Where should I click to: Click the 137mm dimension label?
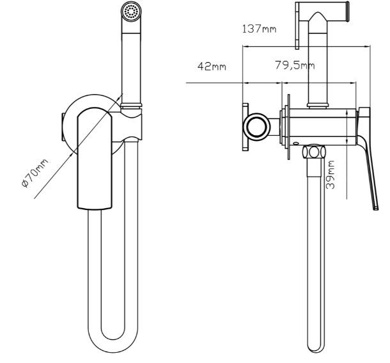tap(259, 29)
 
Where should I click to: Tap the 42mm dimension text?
tap(212, 66)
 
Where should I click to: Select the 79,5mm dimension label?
tap(295, 65)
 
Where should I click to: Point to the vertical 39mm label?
tap(330, 174)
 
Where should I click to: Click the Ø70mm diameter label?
tap(35, 173)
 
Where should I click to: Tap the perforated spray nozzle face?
tap(131, 12)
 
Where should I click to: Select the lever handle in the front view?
tap(95, 158)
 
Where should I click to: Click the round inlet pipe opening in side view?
tap(256, 127)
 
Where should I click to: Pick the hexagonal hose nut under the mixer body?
tap(314, 152)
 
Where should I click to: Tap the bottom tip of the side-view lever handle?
tap(375, 208)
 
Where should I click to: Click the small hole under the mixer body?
tap(295, 143)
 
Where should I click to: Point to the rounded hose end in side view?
tap(316, 347)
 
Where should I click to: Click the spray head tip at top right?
tap(347, 12)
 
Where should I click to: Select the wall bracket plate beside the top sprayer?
tap(297, 26)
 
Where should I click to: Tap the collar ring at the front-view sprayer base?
tap(131, 106)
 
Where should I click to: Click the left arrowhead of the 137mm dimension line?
tap(245, 46)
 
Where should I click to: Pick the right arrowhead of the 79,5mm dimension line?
tap(354, 83)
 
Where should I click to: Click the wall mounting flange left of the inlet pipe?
tap(246, 127)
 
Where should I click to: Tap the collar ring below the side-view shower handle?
tap(317, 106)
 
